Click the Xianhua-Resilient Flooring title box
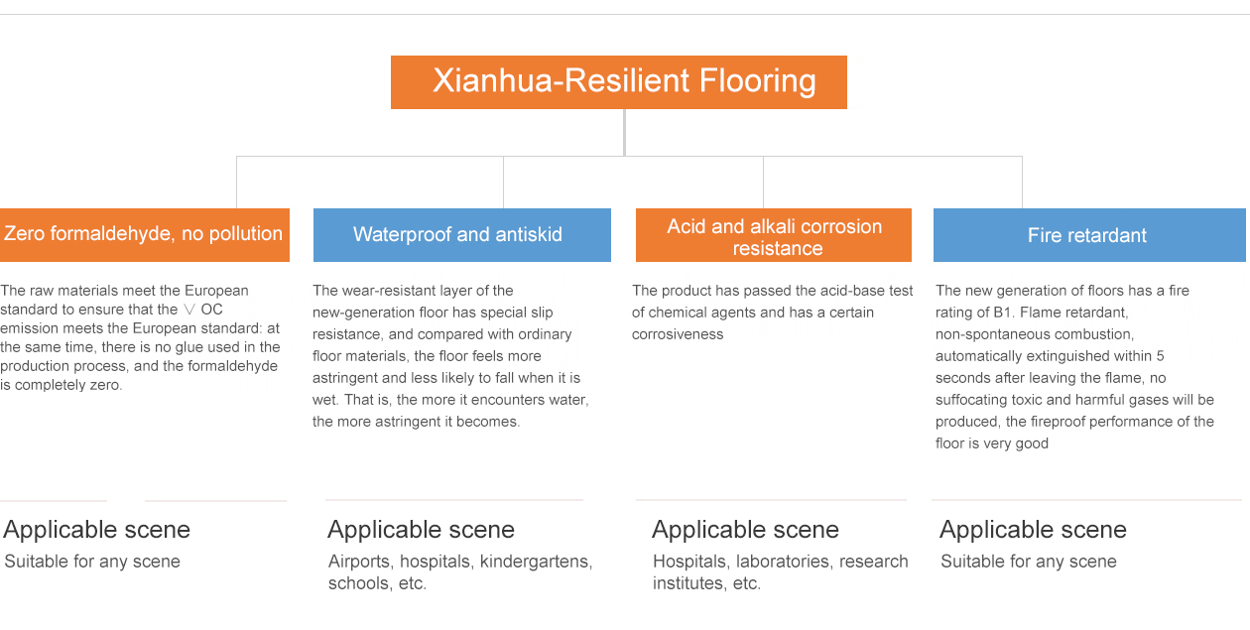[x=619, y=82]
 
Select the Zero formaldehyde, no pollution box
[x=145, y=235]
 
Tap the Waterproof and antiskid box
[x=462, y=235]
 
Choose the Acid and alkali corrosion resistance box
[x=774, y=235]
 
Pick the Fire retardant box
[x=1089, y=235]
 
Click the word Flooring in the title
[x=757, y=81]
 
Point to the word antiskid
[x=529, y=234]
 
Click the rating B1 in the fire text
[x=1002, y=313]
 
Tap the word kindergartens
[x=537, y=562]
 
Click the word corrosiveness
[x=678, y=334]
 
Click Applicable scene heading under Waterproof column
[x=421, y=530]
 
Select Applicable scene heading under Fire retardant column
[x=1033, y=530]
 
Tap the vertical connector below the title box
[x=624, y=132]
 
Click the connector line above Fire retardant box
[x=1022, y=183]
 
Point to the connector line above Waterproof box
[x=503, y=183]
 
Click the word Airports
[x=361, y=562]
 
